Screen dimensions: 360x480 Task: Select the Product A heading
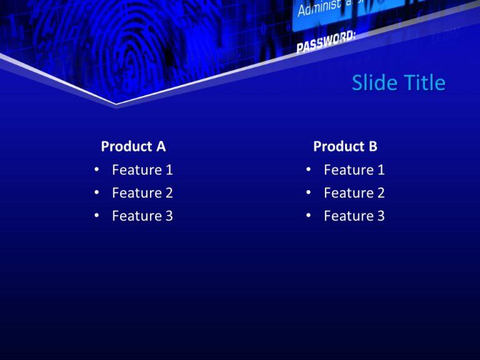133,146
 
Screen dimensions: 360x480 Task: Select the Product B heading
345,146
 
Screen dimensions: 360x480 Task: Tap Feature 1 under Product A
142,169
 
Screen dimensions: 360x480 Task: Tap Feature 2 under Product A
142,192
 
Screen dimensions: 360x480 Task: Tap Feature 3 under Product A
142,216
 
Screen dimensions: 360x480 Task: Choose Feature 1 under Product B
354,169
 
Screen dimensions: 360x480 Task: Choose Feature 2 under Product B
354,192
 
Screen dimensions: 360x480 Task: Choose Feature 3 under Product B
354,216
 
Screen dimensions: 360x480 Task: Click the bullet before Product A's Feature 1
96,169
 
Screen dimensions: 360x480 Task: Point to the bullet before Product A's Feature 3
96,216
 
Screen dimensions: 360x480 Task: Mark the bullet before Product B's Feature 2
308,192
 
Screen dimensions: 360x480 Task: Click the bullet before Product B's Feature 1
308,169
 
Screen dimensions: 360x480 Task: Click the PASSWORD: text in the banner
325,42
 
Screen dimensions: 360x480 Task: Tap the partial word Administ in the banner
319,7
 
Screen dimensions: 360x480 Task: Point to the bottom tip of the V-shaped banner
116,103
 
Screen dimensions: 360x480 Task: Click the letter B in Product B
372,146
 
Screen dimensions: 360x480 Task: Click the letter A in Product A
161,146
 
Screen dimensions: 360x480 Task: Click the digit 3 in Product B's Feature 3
381,216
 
